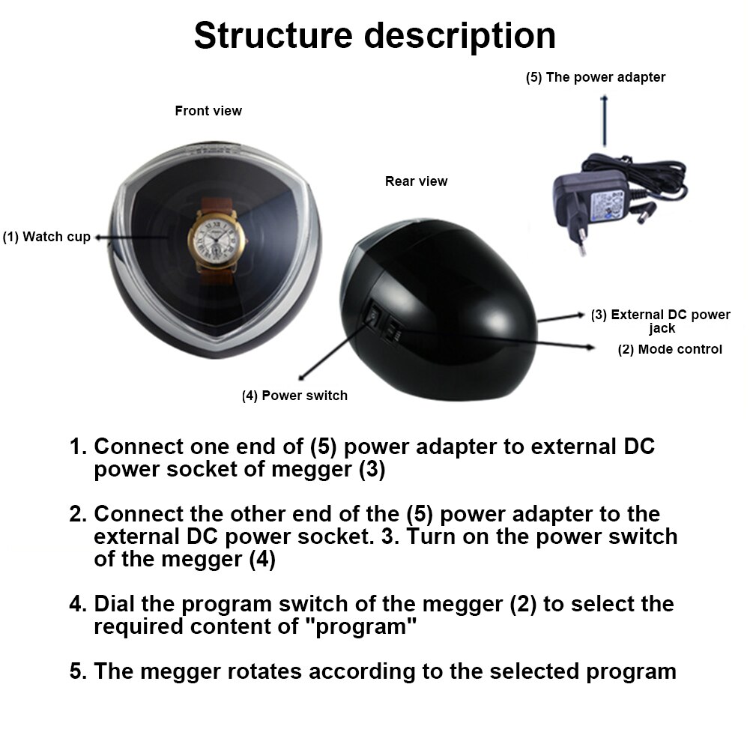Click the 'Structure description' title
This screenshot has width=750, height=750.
[x=375, y=36]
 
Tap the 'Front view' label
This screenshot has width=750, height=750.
[x=208, y=111]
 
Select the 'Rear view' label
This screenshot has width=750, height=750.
[x=416, y=181]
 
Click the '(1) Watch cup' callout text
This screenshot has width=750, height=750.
[x=46, y=238]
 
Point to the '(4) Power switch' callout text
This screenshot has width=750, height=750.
[x=294, y=396]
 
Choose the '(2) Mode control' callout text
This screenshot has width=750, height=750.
[x=670, y=349]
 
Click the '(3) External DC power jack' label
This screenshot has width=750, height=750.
[x=660, y=321]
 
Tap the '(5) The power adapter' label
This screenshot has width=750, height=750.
[x=595, y=77]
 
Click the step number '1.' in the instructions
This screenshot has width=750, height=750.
[x=79, y=447]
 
